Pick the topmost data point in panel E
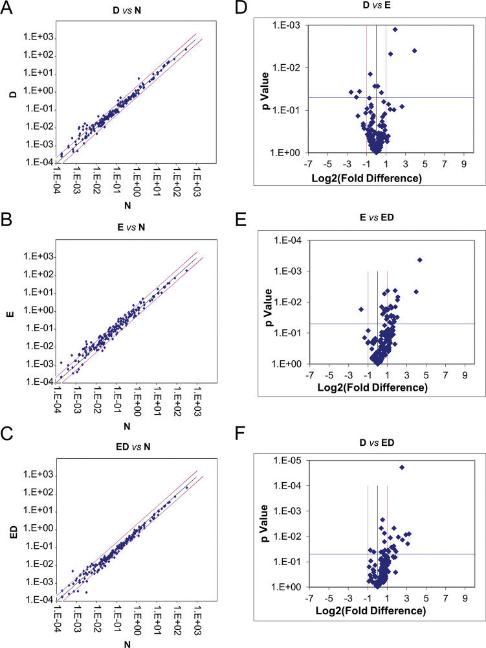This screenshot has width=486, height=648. pyautogui.click(x=420, y=260)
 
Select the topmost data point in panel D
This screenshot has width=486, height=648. pyautogui.click(x=395, y=29)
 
